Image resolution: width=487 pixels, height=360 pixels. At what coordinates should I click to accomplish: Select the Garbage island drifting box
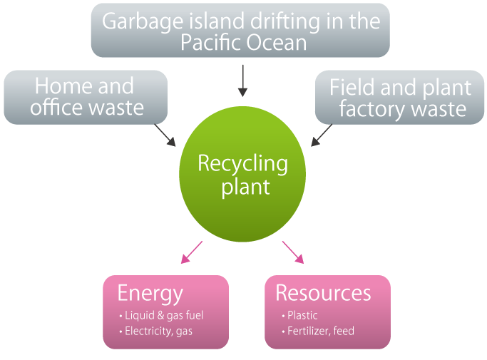(240, 31)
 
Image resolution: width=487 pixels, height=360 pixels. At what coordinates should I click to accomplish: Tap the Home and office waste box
(85, 97)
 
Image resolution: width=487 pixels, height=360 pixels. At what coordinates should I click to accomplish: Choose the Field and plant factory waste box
(399, 98)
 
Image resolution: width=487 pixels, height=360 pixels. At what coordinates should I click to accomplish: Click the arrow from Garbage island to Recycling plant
(242, 80)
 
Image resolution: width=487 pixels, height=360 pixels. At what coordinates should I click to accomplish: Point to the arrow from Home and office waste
(165, 135)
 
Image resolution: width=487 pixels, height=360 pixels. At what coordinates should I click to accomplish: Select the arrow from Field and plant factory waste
(322, 135)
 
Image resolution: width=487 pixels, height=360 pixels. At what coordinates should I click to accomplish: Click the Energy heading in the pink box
(150, 293)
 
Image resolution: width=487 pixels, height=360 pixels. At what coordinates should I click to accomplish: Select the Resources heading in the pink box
(323, 293)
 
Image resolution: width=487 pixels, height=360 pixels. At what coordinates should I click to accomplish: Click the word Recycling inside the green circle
(242, 164)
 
